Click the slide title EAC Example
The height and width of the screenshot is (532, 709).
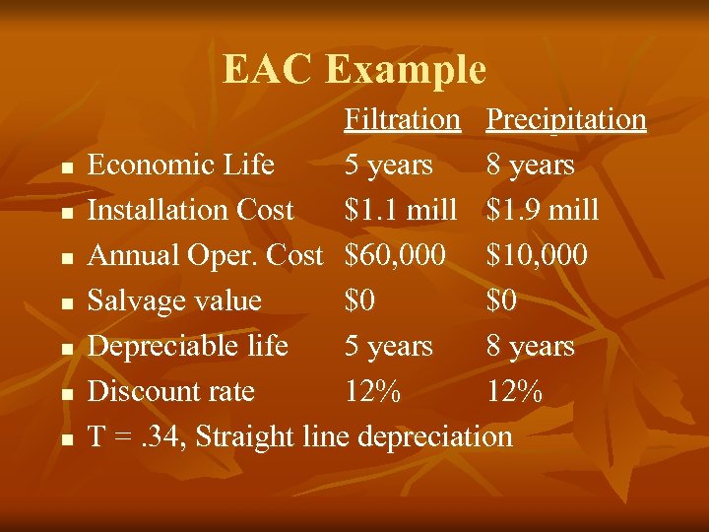[354, 69]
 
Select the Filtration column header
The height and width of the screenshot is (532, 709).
[402, 120]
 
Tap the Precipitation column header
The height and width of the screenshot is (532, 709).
[566, 120]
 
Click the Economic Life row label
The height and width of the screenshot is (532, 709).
[180, 165]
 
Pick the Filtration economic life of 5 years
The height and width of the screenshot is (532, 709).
[388, 165]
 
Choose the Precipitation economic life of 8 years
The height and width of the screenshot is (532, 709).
[530, 165]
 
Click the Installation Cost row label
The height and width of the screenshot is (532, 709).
[190, 210]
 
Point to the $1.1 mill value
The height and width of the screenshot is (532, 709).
[401, 210]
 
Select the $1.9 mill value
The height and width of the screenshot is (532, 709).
[543, 210]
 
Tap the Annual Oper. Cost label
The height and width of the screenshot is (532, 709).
[205, 255]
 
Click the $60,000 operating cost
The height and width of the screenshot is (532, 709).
[395, 255]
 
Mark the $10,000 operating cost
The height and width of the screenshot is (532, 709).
[537, 255]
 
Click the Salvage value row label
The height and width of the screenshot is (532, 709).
[174, 300]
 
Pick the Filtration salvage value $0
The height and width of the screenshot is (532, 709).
[359, 300]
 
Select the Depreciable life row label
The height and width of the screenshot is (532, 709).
[187, 346]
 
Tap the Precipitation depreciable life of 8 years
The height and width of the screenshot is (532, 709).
[530, 346]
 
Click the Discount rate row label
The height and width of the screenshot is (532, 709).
[170, 391]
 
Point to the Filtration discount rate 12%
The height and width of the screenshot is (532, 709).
[372, 391]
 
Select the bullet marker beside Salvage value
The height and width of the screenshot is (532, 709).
[65, 303]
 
